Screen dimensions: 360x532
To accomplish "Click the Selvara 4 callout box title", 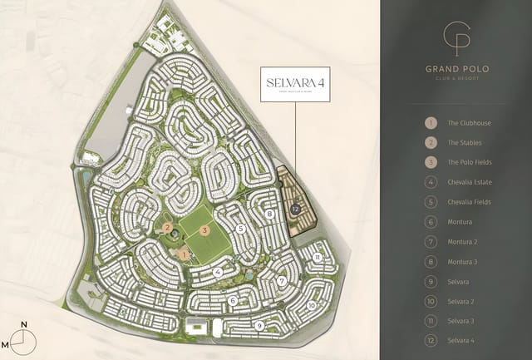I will tap(295, 82).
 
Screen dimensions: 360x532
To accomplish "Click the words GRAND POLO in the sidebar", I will tap(456, 70).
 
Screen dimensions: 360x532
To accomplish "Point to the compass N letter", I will tap(25, 325).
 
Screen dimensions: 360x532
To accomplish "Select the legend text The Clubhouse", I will tap(469, 123).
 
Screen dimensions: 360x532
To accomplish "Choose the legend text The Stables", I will tap(466, 143).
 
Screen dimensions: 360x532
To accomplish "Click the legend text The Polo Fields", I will tap(470, 162).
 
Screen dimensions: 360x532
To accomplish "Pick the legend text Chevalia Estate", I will tap(470, 182).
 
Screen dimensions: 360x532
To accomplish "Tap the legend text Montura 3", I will tap(462, 261).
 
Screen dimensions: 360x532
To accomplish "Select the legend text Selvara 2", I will tap(461, 301).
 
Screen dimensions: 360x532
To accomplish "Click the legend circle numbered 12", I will tap(431, 340).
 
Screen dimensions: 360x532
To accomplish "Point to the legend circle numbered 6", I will tap(431, 222).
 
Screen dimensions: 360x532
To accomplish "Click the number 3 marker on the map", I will tap(204, 230).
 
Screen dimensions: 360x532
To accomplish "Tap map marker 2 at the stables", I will tap(168, 227).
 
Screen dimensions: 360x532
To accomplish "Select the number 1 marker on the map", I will tap(185, 254).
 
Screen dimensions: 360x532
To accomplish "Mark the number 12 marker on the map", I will tap(296, 210).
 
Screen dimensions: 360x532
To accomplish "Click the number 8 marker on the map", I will tap(271, 214).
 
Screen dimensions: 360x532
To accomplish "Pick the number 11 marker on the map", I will tap(318, 258).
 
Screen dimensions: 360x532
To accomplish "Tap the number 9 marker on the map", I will tap(260, 326).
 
